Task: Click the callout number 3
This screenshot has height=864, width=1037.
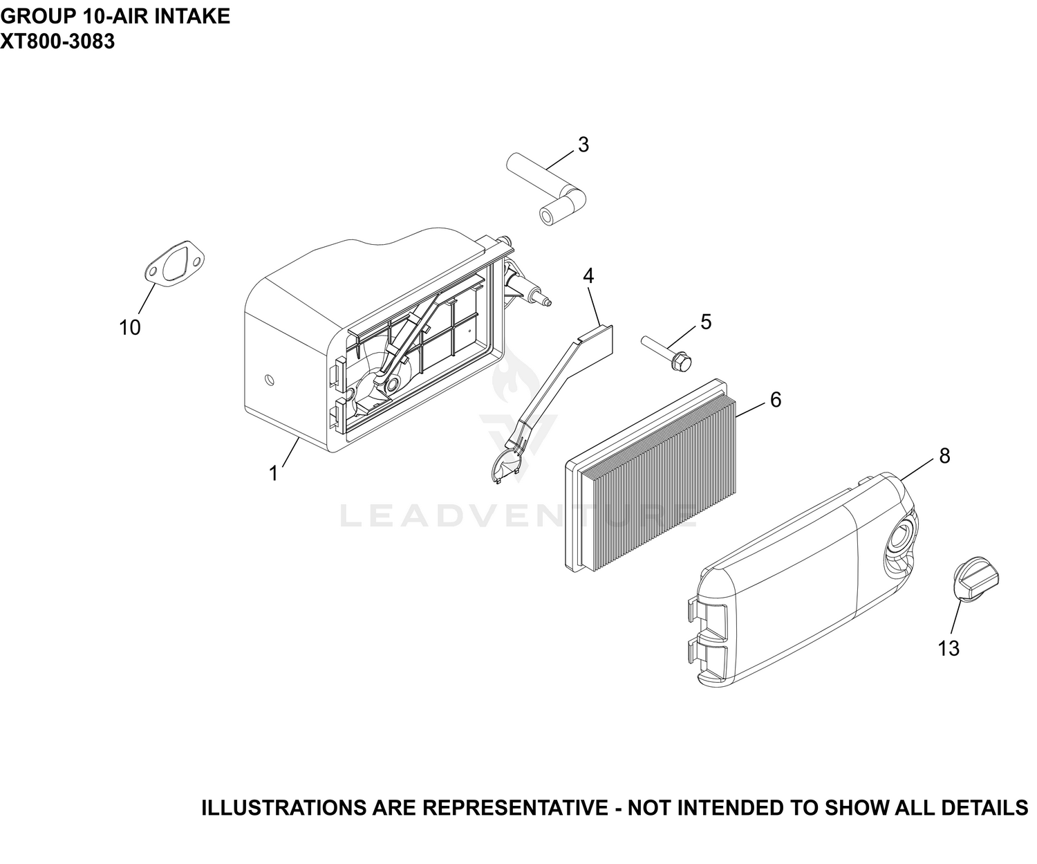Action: (583, 145)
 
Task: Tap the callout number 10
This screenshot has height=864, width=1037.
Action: (130, 328)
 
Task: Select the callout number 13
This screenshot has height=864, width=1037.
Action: (948, 648)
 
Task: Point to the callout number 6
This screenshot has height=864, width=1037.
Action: (775, 401)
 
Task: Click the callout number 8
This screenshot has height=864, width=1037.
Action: (944, 457)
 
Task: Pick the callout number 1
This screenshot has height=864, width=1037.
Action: (274, 473)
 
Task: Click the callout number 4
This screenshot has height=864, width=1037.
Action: (588, 276)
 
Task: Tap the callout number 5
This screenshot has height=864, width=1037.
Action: (706, 322)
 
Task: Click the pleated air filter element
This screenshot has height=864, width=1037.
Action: (651, 475)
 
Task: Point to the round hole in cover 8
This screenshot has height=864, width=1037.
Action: (900, 539)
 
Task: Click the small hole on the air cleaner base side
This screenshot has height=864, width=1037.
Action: (270, 380)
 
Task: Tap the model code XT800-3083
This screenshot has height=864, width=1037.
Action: (57, 42)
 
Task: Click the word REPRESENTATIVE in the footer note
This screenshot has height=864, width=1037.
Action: (515, 807)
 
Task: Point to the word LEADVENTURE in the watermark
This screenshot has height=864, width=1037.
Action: (518, 515)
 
